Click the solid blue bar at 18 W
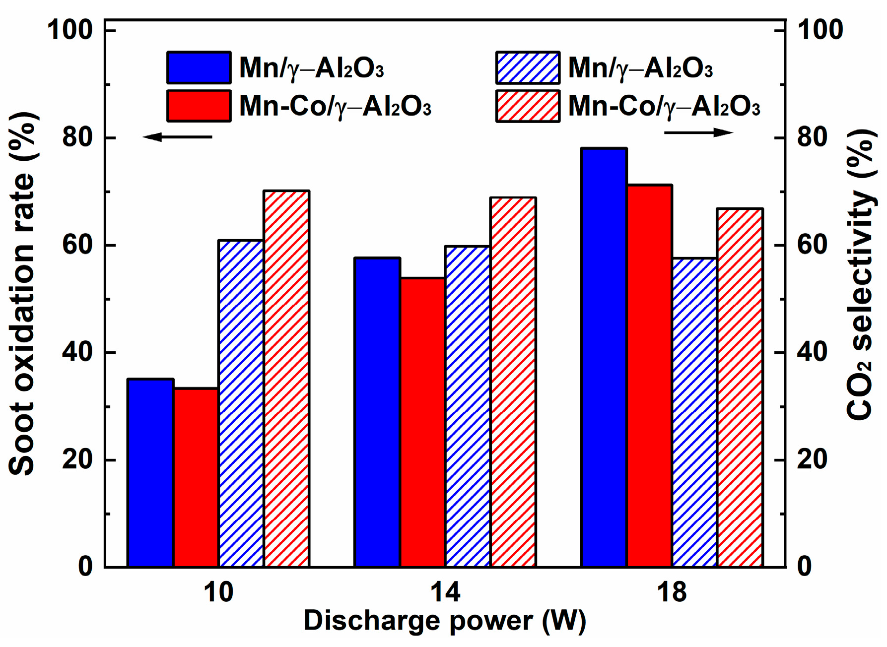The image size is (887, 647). [604, 357]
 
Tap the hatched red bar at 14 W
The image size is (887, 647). [513, 382]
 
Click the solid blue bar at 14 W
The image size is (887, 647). [377, 412]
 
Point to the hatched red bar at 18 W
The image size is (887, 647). [740, 387]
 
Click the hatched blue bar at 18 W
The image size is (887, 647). [695, 412]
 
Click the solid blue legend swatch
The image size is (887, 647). [199, 67]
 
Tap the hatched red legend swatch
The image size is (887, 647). [528, 106]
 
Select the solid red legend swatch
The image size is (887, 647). [199, 106]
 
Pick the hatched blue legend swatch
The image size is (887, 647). [528, 67]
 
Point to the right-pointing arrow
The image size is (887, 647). [698, 132]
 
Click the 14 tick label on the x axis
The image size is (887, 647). [445, 592]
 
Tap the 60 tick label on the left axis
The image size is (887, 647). [77, 245]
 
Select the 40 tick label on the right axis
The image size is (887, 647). [812, 352]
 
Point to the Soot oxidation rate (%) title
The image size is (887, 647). [22, 293]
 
